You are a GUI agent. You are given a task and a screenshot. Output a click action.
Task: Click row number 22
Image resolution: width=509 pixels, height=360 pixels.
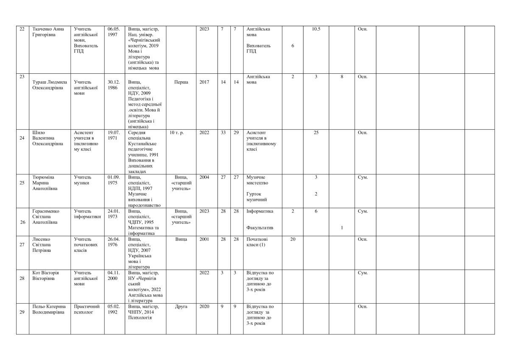point(22,29)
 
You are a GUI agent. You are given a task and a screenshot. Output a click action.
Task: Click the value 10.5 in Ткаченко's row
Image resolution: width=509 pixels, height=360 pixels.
point(316,29)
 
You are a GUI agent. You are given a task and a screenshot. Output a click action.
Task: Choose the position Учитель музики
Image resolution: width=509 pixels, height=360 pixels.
point(82,180)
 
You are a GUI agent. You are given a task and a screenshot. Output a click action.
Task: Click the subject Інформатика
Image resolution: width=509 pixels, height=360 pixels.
point(260,211)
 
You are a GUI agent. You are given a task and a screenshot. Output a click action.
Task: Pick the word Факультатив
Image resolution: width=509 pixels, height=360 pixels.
point(260,228)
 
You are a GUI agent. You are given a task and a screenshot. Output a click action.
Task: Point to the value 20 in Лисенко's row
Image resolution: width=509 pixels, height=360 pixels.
point(293,239)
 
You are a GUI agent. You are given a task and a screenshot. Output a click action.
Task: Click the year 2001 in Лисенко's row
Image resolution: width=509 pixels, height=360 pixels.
point(204,239)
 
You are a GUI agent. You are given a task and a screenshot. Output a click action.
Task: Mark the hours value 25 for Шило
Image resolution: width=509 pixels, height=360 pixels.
point(316,133)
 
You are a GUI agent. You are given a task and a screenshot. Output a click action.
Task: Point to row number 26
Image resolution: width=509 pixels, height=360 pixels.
point(22,222)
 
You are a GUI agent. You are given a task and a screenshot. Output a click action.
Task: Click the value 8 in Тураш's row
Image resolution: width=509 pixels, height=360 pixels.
point(342,77)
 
